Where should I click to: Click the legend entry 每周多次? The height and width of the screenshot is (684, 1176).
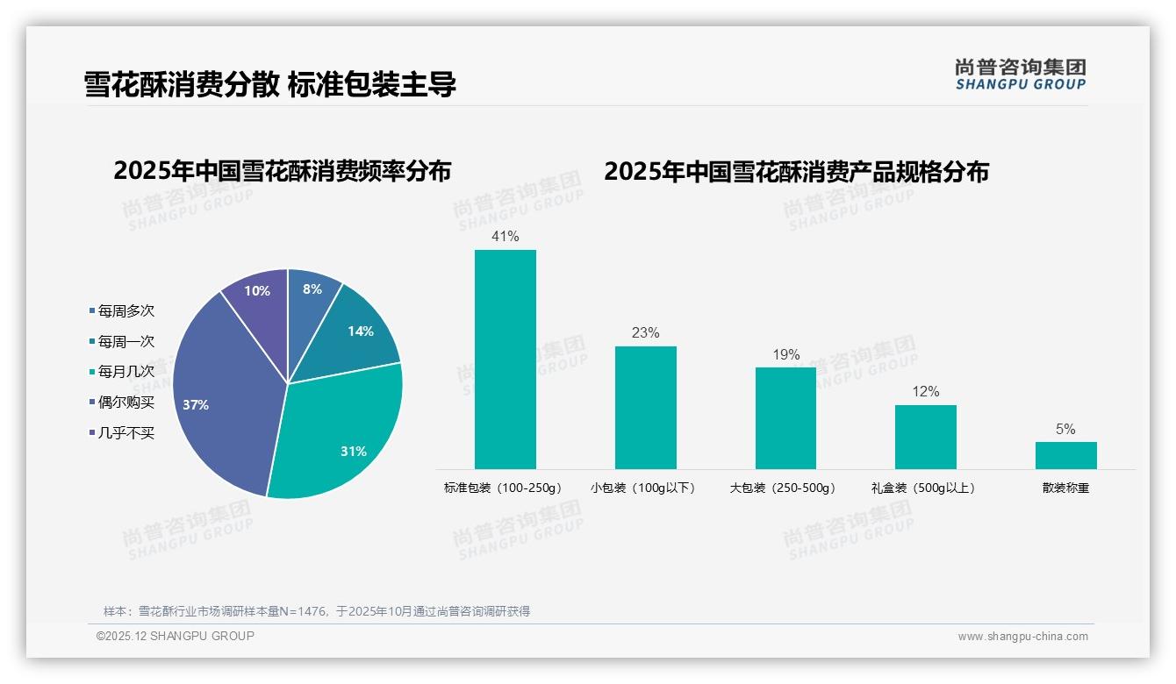(125, 311)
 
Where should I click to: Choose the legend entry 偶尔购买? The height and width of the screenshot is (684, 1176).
(125, 403)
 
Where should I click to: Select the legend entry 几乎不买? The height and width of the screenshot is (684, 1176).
(125, 433)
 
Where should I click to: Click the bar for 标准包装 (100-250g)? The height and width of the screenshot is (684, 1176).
(505, 360)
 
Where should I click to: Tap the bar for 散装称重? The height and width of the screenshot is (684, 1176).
(1065, 455)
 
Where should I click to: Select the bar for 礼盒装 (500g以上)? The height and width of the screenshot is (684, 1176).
(925, 437)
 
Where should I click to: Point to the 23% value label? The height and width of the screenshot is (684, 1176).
(645, 333)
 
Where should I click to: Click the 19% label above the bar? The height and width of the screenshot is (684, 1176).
(785, 354)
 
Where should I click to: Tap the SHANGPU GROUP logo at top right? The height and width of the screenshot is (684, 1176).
(1020, 74)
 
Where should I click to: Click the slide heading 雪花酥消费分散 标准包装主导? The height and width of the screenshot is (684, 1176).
(270, 85)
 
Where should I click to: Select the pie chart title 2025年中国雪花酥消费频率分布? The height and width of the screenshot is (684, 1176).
(282, 171)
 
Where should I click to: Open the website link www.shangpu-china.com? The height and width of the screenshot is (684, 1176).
(1022, 637)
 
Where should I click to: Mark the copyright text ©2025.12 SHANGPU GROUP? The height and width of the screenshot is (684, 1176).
(176, 637)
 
